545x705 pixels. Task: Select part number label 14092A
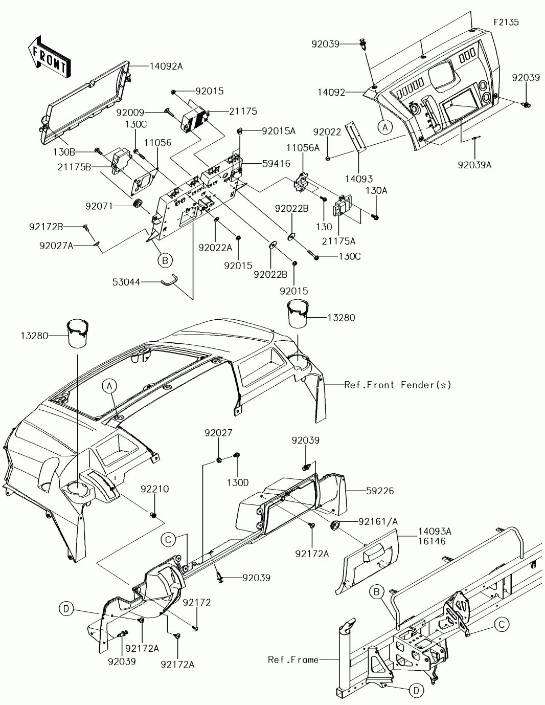click(x=166, y=66)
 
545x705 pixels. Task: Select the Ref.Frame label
click(x=292, y=660)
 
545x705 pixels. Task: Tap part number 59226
click(x=380, y=490)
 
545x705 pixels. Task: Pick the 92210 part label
click(x=154, y=489)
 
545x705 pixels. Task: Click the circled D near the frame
click(x=416, y=691)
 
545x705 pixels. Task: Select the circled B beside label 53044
click(x=165, y=260)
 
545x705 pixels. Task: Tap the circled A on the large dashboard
click(x=109, y=387)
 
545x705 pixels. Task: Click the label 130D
click(x=238, y=482)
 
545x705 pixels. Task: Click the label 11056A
click(x=303, y=147)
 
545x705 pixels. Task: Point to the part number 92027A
click(x=56, y=246)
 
